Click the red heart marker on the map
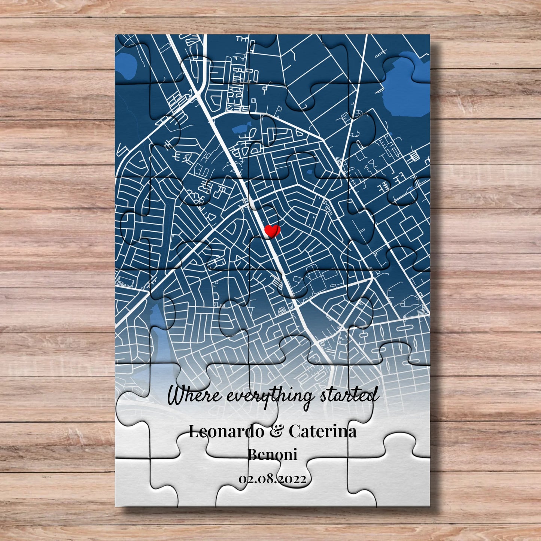coord(272,231)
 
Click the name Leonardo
coord(226,431)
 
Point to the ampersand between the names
coord(276,431)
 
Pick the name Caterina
coord(322,431)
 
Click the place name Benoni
coord(272,455)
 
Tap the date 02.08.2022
coord(272,479)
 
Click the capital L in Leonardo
coord(193,431)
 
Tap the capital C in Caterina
coord(294,431)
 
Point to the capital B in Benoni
coord(253,455)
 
